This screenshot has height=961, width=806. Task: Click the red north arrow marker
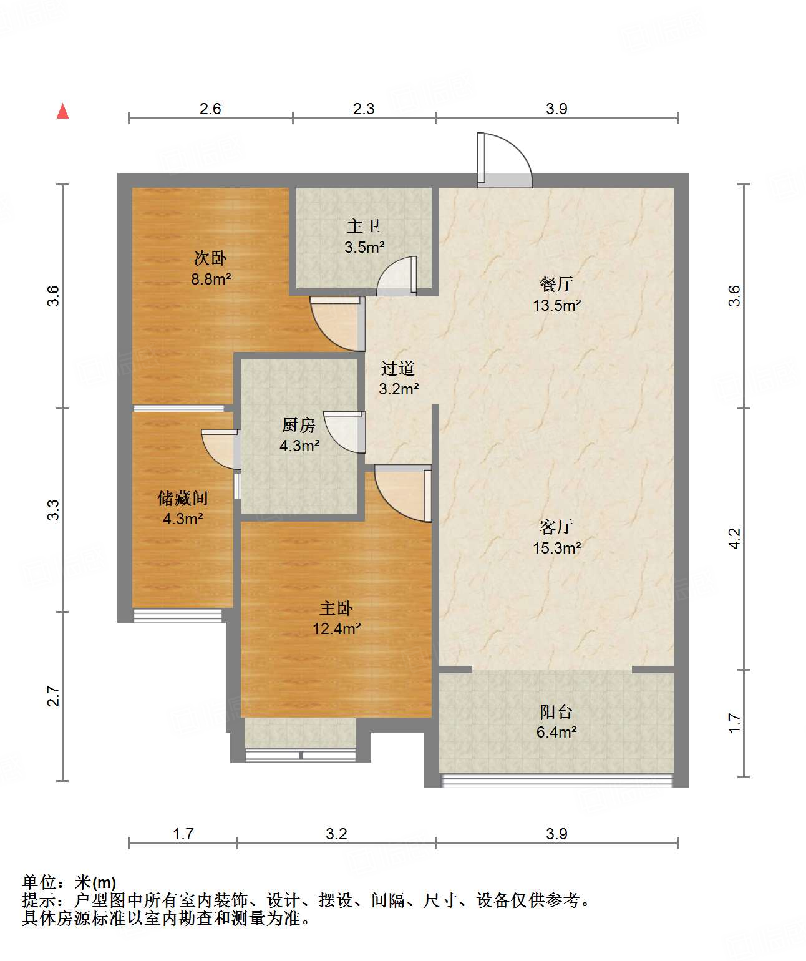(62, 111)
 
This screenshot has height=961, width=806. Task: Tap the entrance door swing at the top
(503, 161)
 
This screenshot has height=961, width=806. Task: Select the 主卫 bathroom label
(364, 226)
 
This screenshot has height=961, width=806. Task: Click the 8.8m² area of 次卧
(211, 279)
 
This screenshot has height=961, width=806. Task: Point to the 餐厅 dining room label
(556, 285)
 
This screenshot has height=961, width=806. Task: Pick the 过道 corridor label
(398, 369)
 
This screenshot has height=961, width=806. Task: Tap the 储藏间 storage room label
(182, 498)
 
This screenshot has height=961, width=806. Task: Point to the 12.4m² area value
(336, 628)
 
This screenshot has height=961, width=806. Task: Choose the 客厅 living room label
(556, 527)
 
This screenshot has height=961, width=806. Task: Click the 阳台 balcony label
(556, 712)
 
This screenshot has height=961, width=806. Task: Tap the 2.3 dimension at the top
(364, 109)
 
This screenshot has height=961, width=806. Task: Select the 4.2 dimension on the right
(734, 539)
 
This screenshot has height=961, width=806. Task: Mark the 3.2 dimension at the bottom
(336, 834)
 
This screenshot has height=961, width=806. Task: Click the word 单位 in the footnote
(39, 882)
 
